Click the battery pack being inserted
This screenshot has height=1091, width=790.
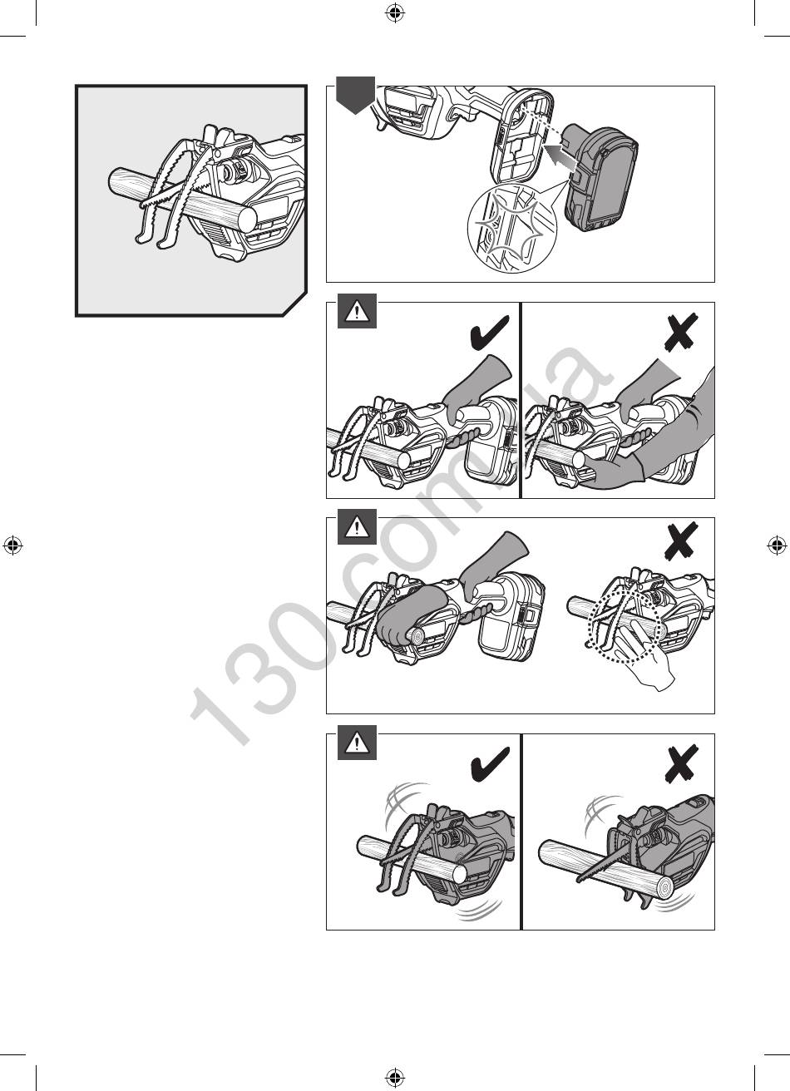[600, 179]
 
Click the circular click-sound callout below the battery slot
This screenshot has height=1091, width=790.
[511, 228]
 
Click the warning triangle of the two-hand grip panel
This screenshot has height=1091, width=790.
[357, 311]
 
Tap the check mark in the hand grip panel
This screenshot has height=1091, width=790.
[490, 332]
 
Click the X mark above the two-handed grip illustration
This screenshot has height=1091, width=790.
[681, 332]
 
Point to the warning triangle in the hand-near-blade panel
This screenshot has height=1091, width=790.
[357, 527]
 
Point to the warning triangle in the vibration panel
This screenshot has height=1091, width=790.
[357, 743]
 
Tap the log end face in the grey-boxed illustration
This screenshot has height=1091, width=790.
[245, 217]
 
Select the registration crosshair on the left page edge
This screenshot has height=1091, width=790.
[13, 545]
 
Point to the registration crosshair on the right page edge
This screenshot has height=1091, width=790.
[777, 545]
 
